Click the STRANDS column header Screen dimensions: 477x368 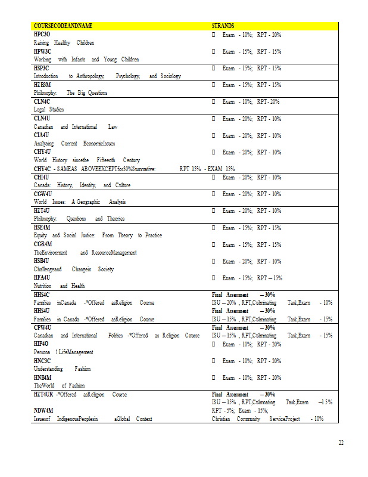223,26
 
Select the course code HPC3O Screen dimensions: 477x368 42,35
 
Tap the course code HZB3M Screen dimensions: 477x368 43,85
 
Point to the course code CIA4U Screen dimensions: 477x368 42,135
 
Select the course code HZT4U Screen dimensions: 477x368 42,210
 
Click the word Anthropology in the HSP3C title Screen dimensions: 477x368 91,76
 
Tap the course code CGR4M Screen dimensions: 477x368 43,244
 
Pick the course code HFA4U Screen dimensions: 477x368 42,278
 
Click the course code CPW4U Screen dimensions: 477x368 43,327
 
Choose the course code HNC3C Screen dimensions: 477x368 42,361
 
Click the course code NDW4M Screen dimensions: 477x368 43,411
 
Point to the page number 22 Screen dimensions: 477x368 341,442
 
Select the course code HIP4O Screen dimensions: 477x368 42,344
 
